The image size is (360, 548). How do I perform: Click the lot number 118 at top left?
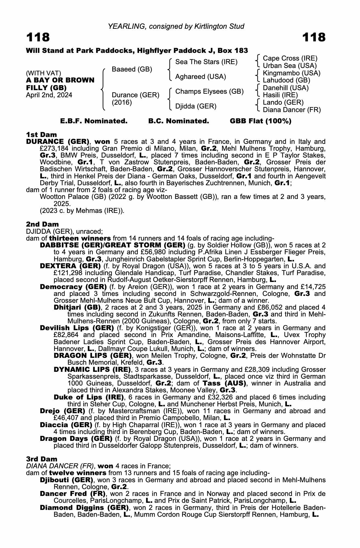[38, 37]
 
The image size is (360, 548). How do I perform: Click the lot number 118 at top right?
[314, 37]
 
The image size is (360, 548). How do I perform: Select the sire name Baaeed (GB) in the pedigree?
[132, 69]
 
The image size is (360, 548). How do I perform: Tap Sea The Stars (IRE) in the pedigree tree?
[206, 62]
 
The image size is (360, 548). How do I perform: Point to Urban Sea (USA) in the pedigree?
[290, 66]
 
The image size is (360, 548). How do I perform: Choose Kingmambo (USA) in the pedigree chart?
[292, 73]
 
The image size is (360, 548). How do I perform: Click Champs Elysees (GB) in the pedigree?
[209, 92]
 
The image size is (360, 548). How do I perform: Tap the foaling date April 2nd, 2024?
[49, 95]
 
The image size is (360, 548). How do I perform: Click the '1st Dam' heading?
[41, 135]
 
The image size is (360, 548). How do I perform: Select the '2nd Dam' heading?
[42, 224]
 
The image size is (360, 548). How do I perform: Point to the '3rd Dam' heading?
[42, 459]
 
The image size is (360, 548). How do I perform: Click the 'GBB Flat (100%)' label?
[261, 121]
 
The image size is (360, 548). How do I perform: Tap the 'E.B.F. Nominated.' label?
[94, 121]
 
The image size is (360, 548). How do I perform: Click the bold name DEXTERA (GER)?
[70, 266]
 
